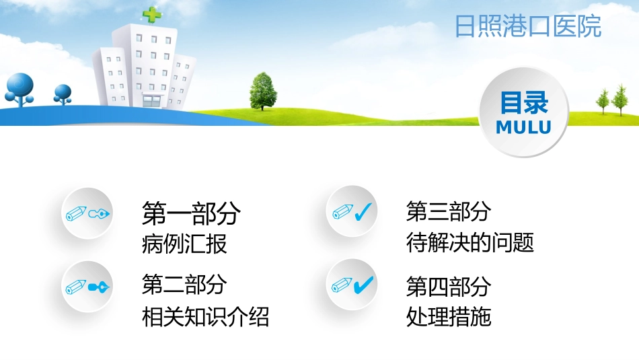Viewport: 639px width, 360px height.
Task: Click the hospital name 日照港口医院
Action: click(527, 27)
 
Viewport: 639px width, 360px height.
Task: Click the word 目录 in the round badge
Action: click(523, 103)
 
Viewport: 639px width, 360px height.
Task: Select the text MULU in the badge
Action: click(523, 127)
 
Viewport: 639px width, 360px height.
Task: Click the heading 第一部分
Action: click(191, 214)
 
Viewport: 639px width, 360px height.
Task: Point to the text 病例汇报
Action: click(184, 244)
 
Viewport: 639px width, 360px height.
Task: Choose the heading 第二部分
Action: click(184, 285)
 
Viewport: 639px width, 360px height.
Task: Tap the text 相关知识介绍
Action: click(205, 316)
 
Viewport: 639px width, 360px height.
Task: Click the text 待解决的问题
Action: click(469, 243)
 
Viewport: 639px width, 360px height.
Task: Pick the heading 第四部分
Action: click(448, 287)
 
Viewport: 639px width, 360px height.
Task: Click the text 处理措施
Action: click(448, 316)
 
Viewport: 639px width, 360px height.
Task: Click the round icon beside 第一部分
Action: click(87, 214)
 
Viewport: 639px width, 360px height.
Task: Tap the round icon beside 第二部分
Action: click(87, 287)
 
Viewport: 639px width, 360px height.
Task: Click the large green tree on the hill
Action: click(264, 90)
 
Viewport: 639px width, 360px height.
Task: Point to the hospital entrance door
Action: click(152, 100)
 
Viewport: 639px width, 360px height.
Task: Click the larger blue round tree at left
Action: click(20, 87)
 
